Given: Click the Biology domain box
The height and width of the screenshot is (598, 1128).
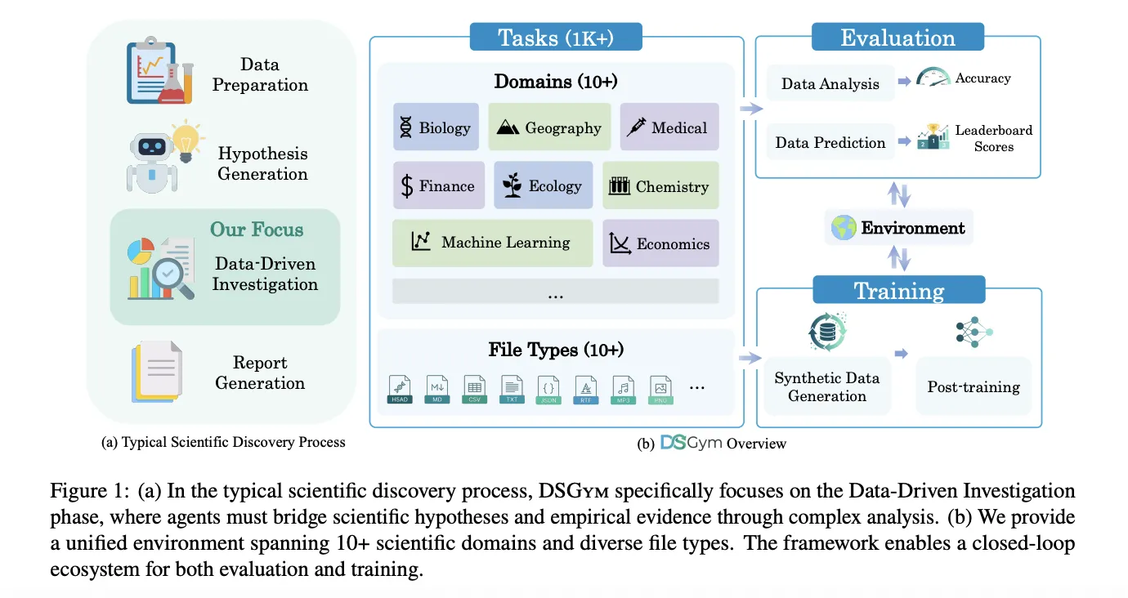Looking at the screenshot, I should [434, 127].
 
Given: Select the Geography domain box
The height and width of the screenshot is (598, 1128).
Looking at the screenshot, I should [549, 127].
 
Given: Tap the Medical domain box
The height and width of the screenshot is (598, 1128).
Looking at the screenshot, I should [669, 127].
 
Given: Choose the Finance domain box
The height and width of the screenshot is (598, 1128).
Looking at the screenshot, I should [438, 185].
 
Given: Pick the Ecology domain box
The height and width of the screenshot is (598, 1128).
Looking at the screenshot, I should [542, 185].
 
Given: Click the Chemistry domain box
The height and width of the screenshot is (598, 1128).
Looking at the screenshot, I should [660, 186].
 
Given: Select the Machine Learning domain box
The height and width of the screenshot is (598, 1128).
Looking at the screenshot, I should [492, 243].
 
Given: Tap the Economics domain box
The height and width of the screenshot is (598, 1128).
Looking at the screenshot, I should [660, 243].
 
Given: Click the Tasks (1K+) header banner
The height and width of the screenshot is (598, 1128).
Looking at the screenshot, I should [556, 38].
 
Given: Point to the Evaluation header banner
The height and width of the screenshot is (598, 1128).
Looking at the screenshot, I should [897, 38].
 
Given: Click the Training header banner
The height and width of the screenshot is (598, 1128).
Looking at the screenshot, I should [898, 291].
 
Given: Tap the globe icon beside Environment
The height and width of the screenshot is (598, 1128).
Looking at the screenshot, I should [844, 228].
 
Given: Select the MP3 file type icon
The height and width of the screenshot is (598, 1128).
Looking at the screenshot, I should [624, 390].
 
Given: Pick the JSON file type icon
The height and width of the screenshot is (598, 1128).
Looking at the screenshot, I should [548, 390].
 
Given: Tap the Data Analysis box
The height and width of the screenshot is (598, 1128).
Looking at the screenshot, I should [830, 83].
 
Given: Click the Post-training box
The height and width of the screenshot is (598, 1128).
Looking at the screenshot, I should [973, 386].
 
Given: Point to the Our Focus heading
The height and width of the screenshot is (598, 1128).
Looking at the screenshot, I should [257, 229].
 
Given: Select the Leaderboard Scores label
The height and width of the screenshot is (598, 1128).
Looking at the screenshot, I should [993, 138].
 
